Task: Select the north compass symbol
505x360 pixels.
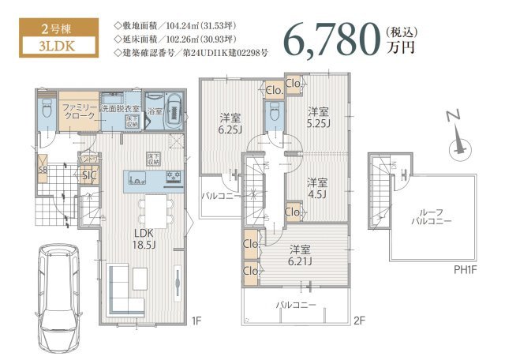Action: tap(456, 143)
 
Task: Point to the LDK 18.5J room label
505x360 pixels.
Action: tap(143, 239)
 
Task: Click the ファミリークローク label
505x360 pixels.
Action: tap(78, 111)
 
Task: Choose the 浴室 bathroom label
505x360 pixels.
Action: tap(155, 112)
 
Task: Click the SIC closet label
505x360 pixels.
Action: tap(89, 176)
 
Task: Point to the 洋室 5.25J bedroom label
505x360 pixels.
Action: tap(319, 116)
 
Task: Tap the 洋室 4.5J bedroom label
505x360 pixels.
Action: tap(318, 187)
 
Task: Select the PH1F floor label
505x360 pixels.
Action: tap(466, 268)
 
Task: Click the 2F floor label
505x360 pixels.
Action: tap(359, 321)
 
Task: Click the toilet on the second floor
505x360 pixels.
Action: tap(274, 115)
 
